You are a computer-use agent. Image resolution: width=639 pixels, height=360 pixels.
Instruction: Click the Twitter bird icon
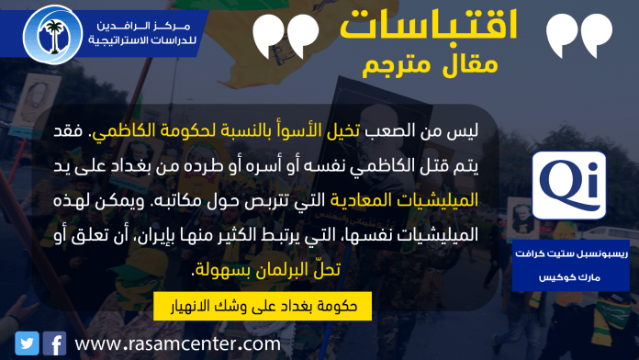(x=27, y=343)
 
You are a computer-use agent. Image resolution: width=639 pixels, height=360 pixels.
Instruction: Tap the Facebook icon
(x=54, y=343)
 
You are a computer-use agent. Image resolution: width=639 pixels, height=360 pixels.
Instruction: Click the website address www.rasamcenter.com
(x=178, y=343)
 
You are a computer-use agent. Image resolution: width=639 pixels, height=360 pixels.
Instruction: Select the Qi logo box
(x=569, y=186)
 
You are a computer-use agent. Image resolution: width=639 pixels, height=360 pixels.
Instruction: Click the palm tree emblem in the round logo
(x=54, y=36)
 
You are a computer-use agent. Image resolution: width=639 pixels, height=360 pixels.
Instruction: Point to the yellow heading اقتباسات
(x=429, y=25)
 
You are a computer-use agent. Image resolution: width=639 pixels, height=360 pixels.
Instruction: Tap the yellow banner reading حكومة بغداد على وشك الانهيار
(x=263, y=306)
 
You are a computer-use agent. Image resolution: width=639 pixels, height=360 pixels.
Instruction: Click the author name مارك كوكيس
(x=569, y=277)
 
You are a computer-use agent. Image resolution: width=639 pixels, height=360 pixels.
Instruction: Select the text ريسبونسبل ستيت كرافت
(x=571, y=253)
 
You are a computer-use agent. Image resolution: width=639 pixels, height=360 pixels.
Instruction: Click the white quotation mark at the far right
(x=579, y=36)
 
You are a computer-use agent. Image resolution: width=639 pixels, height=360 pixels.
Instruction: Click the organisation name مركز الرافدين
(x=143, y=26)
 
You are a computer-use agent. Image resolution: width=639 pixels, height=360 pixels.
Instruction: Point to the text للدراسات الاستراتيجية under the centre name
(x=142, y=40)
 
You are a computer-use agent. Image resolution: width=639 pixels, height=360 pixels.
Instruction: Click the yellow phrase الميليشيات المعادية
(x=404, y=200)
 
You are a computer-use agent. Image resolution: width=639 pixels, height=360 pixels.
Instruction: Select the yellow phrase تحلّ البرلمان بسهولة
(x=268, y=270)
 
